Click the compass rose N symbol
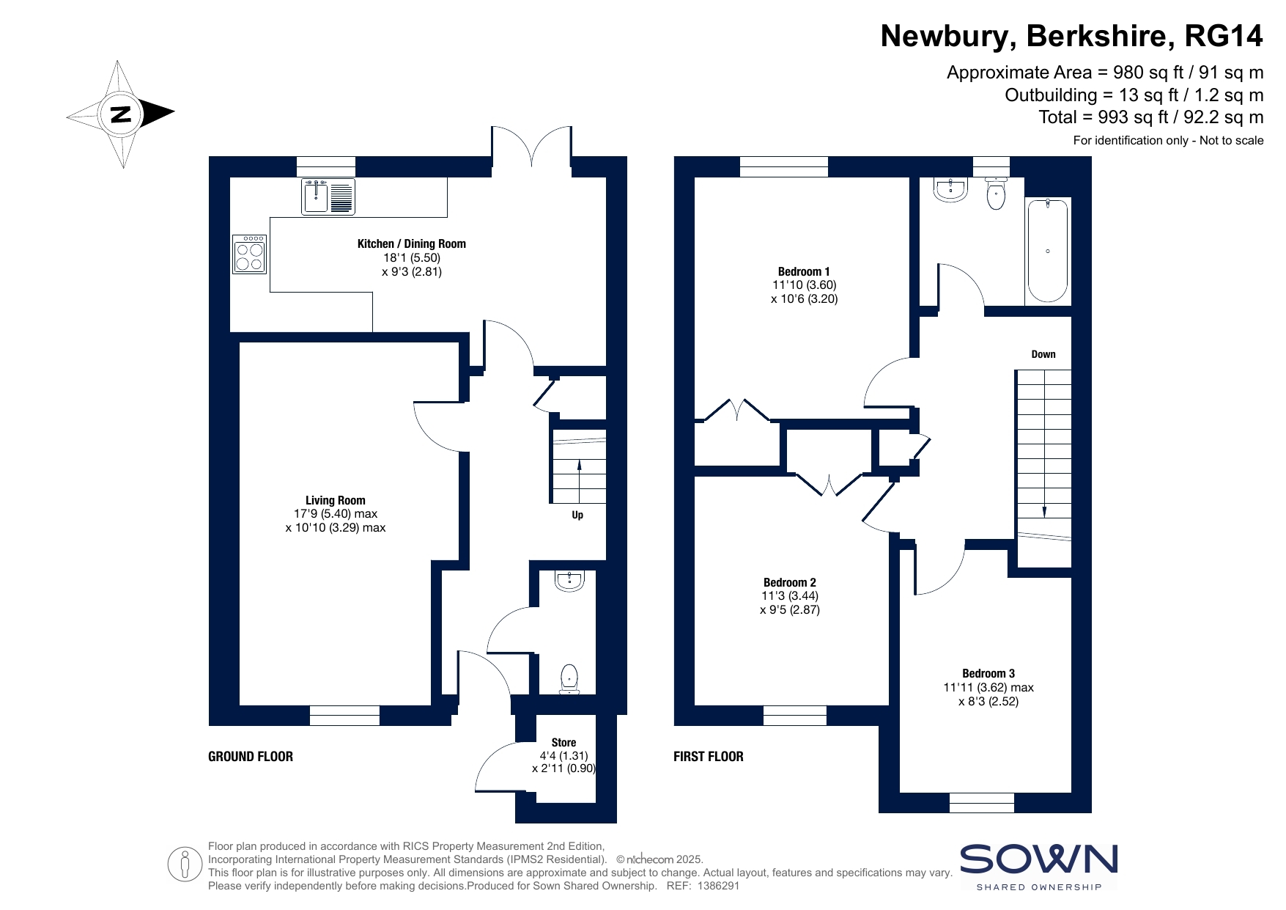tap(120, 114)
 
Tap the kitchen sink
tap(328, 197)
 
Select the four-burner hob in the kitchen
tap(250, 254)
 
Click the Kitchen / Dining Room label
tap(411, 243)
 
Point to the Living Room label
tap(336, 500)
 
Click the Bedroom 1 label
tap(804, 271)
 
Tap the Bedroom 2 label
tap(789, 582)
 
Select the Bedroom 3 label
tap(988, 673)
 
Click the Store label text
tap(563, 742)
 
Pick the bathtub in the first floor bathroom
tap(1048, 251)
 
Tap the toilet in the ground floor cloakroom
tap(569, 679)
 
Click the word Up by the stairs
tap(577, 515)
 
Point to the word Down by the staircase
tap(1043, 354)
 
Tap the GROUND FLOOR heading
tap(251, 756)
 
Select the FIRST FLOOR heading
tap(708, 756)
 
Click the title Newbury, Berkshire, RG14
tap(1072, 35)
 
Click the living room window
tap(344, 715)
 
